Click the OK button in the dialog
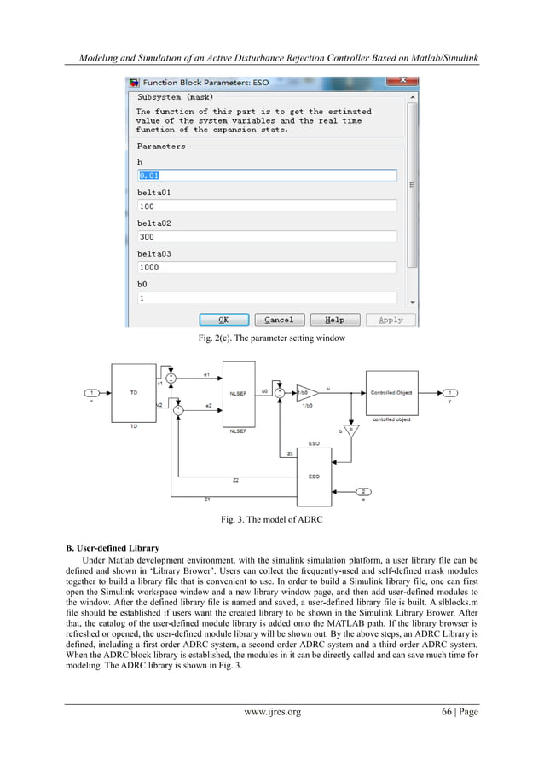point(223,320)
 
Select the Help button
point(334,320)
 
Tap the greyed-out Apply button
point(390,320)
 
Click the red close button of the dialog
point(398,83)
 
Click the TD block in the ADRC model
point(133,391)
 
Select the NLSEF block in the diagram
point(239,392)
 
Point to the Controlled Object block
point(391,392)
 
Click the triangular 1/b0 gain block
point(305,392)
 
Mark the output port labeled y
point(452,392)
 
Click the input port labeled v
point(91,392)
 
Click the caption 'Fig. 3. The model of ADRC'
point(271,519)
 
